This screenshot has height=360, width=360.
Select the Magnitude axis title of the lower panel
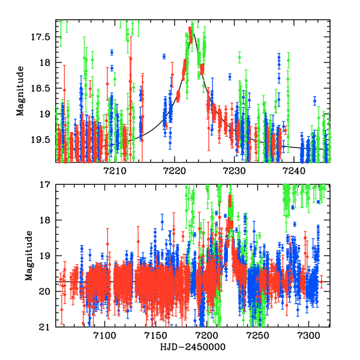coord(29,255)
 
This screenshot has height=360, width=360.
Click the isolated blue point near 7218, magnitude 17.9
coord(164,56)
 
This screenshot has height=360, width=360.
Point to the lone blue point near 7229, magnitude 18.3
coord(230,77)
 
